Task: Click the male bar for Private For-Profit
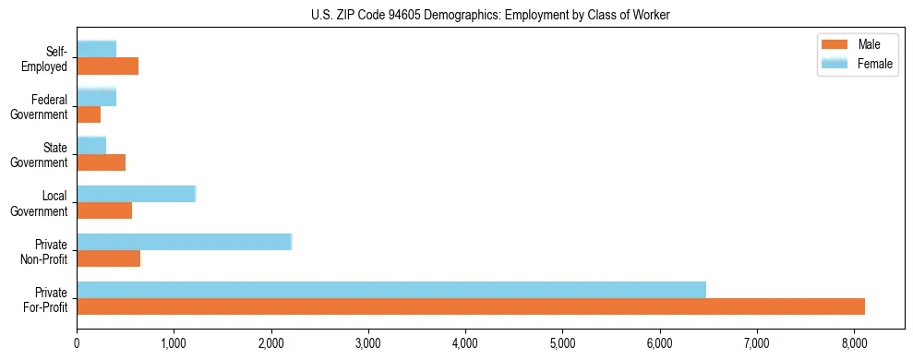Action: (471, 306)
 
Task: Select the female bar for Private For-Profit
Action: (391, 290)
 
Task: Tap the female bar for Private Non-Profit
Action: (184, 242)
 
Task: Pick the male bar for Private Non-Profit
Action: (109, 258)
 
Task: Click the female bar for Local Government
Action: (137, 194)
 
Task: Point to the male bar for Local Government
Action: (104, 210)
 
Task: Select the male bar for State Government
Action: (102, 162)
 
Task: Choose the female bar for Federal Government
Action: (97, 97)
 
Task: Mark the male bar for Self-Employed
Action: (108, 66)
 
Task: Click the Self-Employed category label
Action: (50, 59)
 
